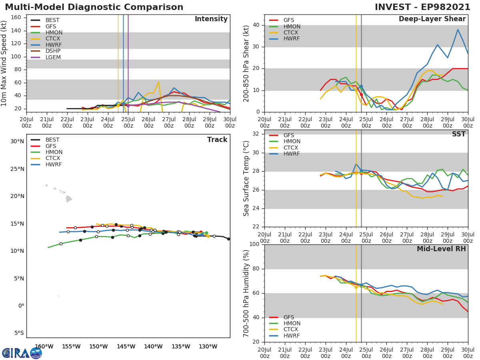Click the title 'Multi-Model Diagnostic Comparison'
tap(94, 7)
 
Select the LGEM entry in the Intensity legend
tap(53, 58)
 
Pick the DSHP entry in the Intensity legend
tap(53, 51)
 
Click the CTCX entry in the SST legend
tap(292, 148)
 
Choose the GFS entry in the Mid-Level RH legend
tap(289, 317)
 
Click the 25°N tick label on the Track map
tap(17, 169)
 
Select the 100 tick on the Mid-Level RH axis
tap(255, 244)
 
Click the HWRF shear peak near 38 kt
tap(458, 30)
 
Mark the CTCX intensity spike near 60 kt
tap(158, 82)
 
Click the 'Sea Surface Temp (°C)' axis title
tap(246, 178)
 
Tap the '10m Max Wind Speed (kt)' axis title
tap(4, 64)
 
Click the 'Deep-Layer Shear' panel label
tap(432, 19)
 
